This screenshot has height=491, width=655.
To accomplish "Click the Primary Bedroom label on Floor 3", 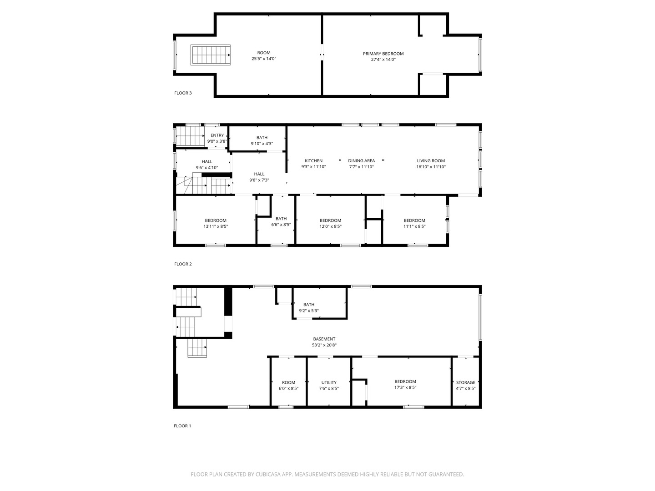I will click(x=383, y=54).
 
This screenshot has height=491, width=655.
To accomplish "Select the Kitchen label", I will click(x=313, y=161).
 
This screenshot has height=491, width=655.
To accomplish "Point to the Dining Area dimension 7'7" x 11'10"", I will click(x=361, y=167).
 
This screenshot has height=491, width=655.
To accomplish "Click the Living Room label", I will click(x=431, y=161).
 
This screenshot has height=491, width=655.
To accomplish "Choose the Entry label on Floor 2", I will click(x=217, y=135).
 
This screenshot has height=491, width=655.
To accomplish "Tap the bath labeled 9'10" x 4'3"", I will click(x=262, y=140).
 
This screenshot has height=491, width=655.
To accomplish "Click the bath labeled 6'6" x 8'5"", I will click(x=281, y=221).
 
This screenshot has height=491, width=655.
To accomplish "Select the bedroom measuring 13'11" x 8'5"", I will click(x=216, y=223).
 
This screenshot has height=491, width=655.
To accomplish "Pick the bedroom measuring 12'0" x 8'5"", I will click(x=330, y=223).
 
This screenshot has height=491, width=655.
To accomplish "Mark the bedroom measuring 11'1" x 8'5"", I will click(x=414, y=223).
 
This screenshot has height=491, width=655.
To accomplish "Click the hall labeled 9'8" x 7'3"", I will click(x=259, y=177).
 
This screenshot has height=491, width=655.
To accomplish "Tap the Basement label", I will click(x=324, y=339).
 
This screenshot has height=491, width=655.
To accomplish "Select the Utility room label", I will click(x=329, y=383).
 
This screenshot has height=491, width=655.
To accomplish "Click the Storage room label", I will click(x=465, y=383).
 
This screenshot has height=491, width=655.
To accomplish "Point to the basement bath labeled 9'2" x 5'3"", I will click(x=309, y=308).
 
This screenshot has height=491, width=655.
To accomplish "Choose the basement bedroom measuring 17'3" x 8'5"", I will click(x=405, y=385).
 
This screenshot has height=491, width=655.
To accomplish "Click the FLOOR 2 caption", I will click(x=183, y=264).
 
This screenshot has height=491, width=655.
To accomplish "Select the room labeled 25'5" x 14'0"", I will click(x=263, y=55).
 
